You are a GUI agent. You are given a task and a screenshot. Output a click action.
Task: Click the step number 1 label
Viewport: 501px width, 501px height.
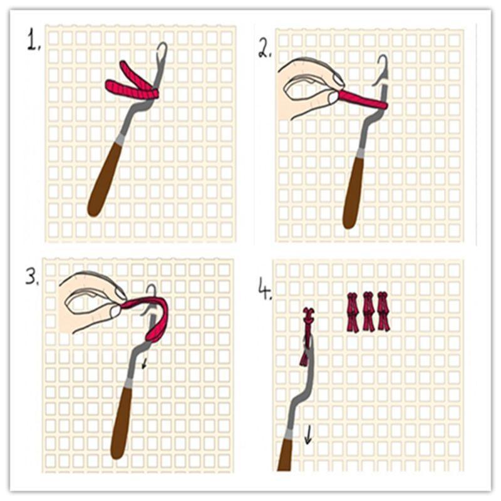[x=33, y=41]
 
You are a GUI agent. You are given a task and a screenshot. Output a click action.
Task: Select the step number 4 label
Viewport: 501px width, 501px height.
[x=264, y=289]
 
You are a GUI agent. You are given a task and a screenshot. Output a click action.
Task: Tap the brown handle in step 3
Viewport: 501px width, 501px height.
[x=123, y=423]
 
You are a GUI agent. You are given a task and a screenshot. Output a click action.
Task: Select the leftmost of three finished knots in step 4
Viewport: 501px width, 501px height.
[x=353, y=311]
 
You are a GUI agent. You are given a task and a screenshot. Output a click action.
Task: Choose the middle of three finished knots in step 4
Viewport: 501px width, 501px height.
[x=368, y=311]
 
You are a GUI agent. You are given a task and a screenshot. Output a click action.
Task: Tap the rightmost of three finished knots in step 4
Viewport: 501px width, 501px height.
[x=383, y=311]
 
